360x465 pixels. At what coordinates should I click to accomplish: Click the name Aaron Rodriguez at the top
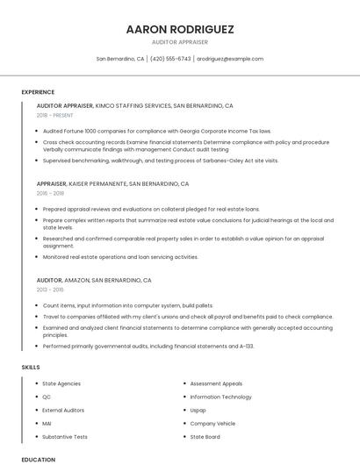pyautogui.click(x=180, y=29)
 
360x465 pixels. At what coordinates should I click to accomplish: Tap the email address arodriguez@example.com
pyautogui.click(x=230, y=59)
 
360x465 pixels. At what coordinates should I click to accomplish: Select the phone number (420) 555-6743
pyautogui.click(x=170, y=59)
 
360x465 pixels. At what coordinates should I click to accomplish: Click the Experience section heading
pyautogui.click(x=38, y=92)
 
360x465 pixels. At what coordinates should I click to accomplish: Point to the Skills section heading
pyautogui.click(x=31, y=367)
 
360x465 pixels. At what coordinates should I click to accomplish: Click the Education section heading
pyautogui.click(x=38, y=459)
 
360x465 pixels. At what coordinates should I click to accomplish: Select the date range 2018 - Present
pyautogui.click(x=54, y=115)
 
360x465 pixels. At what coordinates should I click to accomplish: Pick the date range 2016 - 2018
pyautogui.click(x=50, y=193)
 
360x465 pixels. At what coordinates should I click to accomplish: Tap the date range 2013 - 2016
pyautogui.click(x=50, y=289)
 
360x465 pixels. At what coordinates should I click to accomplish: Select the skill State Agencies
pyautogui.click(x=61, y=383)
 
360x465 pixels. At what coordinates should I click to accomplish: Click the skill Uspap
pyautogui.click(x=198, y=410)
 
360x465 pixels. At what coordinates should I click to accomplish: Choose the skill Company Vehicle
pyautogui.click(x=212, y=423)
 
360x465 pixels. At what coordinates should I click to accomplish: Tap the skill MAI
pyautogui.click(x=47, y=423)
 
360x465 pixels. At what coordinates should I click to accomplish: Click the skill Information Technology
pyautogui.click(x=220, y=397)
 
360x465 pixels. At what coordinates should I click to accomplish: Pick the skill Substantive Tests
pyautogui.click(x=65, y=436)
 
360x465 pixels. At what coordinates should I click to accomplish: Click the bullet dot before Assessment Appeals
pyautogui.click(x=184, y=383)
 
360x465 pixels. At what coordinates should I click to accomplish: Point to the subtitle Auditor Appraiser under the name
pyautogui.click(x=180, y=42)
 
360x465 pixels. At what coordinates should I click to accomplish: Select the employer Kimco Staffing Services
pyautogui.click(x=133, y=105)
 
